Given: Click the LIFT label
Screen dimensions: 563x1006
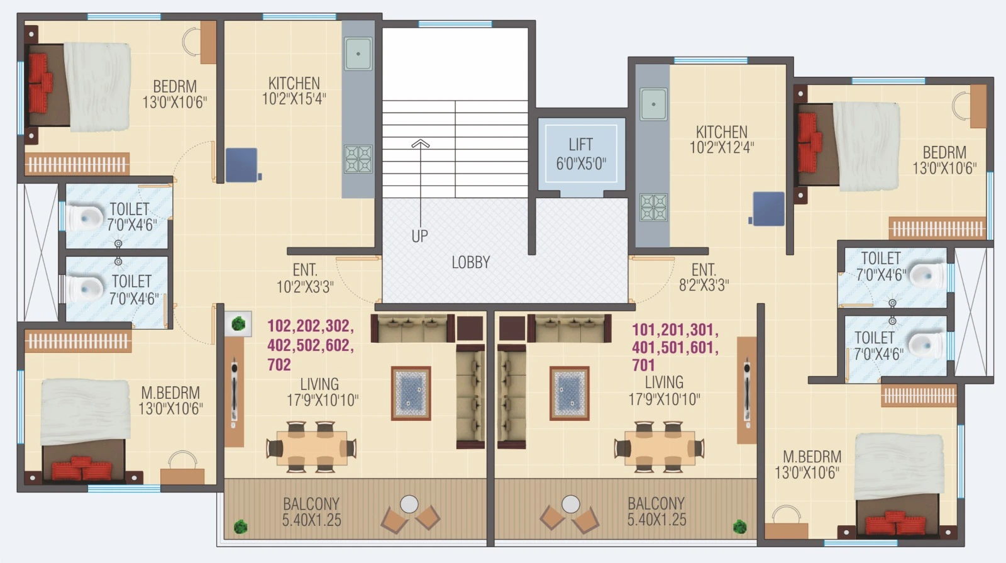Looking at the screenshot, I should click(580, 153).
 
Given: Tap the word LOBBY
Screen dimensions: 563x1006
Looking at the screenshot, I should click(470, 262).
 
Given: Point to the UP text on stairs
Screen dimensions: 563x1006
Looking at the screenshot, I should click(419, 237).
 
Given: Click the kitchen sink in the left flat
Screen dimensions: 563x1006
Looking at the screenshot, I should click(358, 53).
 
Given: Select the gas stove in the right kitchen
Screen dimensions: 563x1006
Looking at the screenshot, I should click(653, 208).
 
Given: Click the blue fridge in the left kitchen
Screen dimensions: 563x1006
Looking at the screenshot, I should click(242, 165).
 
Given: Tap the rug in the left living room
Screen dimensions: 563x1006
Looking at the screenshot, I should click(411, 393).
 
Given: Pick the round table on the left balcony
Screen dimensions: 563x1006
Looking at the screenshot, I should click(409, 504).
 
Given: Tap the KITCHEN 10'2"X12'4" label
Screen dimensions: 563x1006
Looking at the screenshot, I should click(721, 140).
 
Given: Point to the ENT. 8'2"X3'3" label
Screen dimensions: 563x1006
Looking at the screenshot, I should click(704, 277).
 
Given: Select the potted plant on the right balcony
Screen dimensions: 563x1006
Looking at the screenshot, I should click(740, 526).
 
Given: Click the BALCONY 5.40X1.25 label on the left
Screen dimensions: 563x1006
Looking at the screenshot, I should click(311, 511).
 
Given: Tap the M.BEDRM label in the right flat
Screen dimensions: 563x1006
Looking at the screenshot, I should click(811, 464).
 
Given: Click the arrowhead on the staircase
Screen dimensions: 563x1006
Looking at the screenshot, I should click(421, 144).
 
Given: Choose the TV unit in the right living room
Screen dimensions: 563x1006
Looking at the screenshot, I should click(747, 390).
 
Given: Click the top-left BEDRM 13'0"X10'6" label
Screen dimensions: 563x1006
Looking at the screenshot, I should click(174, 94).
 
